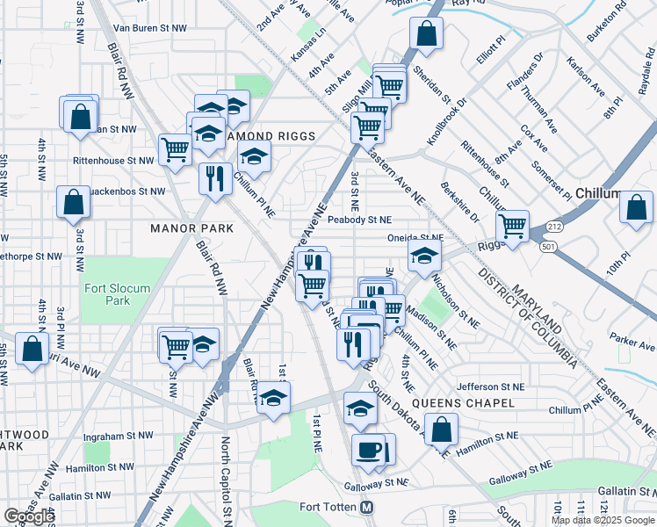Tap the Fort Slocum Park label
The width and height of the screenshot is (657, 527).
117,294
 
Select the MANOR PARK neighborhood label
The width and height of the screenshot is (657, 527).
191,228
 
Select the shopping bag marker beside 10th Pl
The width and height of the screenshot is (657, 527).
636,207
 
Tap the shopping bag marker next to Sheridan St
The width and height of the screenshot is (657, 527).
426,35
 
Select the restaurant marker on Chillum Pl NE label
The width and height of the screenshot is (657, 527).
215,179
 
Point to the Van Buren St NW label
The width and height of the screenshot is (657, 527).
150,28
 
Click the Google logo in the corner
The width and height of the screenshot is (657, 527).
29,516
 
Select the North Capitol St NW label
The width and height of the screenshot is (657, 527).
226,479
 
